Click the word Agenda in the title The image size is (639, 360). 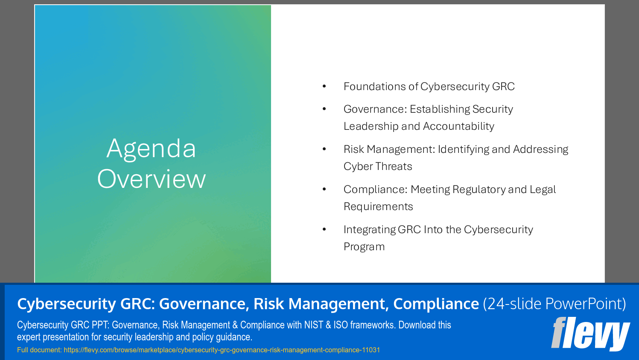151,149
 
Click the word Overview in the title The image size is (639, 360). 151,179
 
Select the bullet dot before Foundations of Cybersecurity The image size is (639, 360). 324,87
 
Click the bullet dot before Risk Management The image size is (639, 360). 324,149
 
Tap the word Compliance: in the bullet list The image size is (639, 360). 376,190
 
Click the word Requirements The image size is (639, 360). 378,207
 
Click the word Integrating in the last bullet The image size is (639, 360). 370,230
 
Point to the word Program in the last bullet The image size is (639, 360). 364,247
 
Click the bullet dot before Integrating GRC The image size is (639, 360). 324,230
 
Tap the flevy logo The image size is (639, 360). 590,334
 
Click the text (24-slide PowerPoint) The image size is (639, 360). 554,304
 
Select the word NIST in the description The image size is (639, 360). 313,325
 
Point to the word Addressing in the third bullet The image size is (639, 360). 540,149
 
